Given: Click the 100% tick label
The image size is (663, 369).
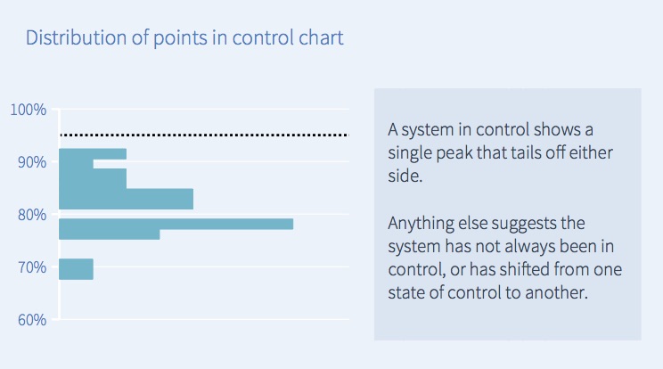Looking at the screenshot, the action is click(x=29, y=110).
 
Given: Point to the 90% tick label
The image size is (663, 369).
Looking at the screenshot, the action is click(x=32, y=162).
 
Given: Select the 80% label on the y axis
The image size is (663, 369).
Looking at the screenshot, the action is click(x=32, y=215).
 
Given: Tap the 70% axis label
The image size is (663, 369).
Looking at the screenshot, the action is click(x=32, y=267).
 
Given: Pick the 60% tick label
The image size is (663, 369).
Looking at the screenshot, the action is click(x=32, y=320).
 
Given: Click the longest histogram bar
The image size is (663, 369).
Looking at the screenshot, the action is click(x=176, y=224).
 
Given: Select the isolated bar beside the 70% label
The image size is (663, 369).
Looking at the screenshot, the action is click(x=76, y=269).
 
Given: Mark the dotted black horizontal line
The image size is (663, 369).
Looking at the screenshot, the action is click(x=204, y=135).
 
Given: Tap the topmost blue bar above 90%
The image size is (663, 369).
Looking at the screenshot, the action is click(x=93, y=154).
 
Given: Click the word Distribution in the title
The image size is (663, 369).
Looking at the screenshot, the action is click(x=77, y=37).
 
